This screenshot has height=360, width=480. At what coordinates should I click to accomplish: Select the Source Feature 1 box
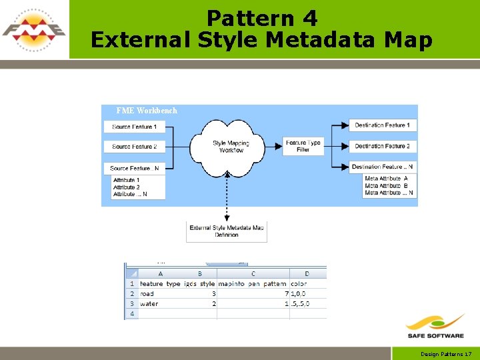tap(135, 127)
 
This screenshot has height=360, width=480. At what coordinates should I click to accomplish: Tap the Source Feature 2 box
tap(135, 147)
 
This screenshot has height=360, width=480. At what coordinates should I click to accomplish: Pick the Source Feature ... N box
tap(135, 168)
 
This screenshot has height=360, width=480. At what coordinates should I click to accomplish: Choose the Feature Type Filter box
tap(303, 146)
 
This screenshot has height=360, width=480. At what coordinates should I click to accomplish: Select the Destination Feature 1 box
tap(382, 125)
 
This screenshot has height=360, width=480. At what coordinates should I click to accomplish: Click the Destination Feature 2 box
tap(382, 146)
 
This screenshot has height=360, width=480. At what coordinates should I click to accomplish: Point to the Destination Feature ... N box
tap(382, 167)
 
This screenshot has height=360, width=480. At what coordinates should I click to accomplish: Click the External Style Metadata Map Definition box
tap(227, 231)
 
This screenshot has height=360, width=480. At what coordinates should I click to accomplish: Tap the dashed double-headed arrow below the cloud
tap(227, 196)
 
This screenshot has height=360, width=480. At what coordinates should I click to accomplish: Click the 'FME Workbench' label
tap(147, 111)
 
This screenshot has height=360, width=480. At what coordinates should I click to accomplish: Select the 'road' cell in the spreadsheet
tap(147, 293)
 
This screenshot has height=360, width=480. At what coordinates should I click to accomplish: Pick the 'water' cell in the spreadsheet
tap(149, 303)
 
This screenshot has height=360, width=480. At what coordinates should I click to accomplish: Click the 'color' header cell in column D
tap(299, 283)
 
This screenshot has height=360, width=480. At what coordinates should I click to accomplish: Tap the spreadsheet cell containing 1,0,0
tap(300, 293)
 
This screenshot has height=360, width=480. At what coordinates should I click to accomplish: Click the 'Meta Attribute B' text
tap(387, 186)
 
